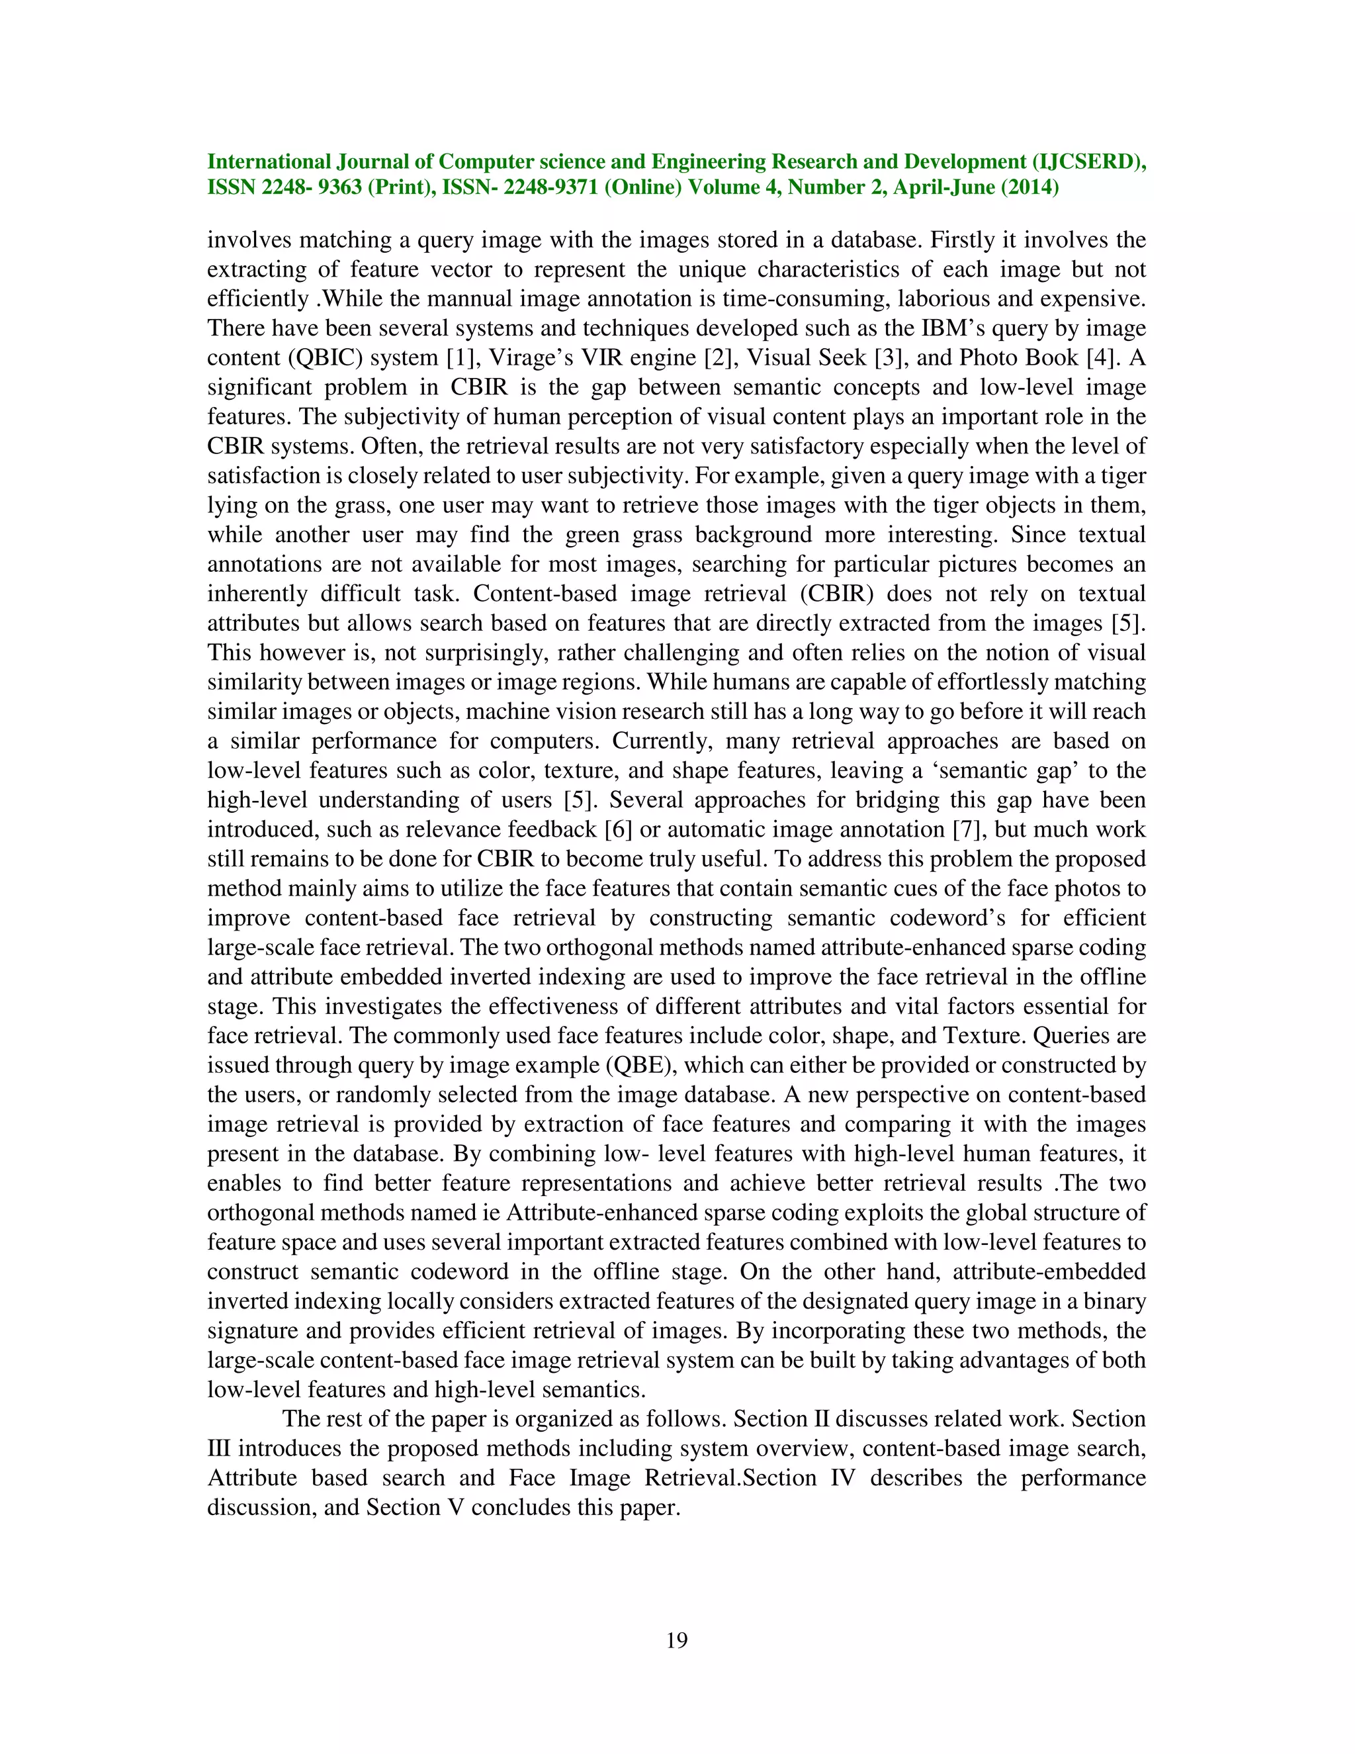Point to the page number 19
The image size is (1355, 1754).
coord(677,1640)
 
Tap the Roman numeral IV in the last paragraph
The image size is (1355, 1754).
coord(842,1479)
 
